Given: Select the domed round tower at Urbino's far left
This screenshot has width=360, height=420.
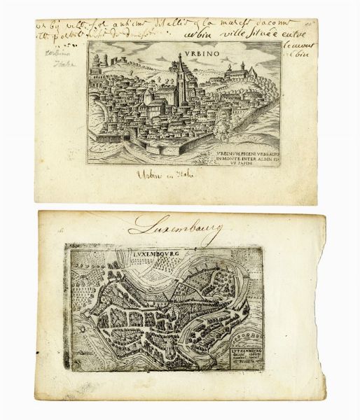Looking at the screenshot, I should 103,62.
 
